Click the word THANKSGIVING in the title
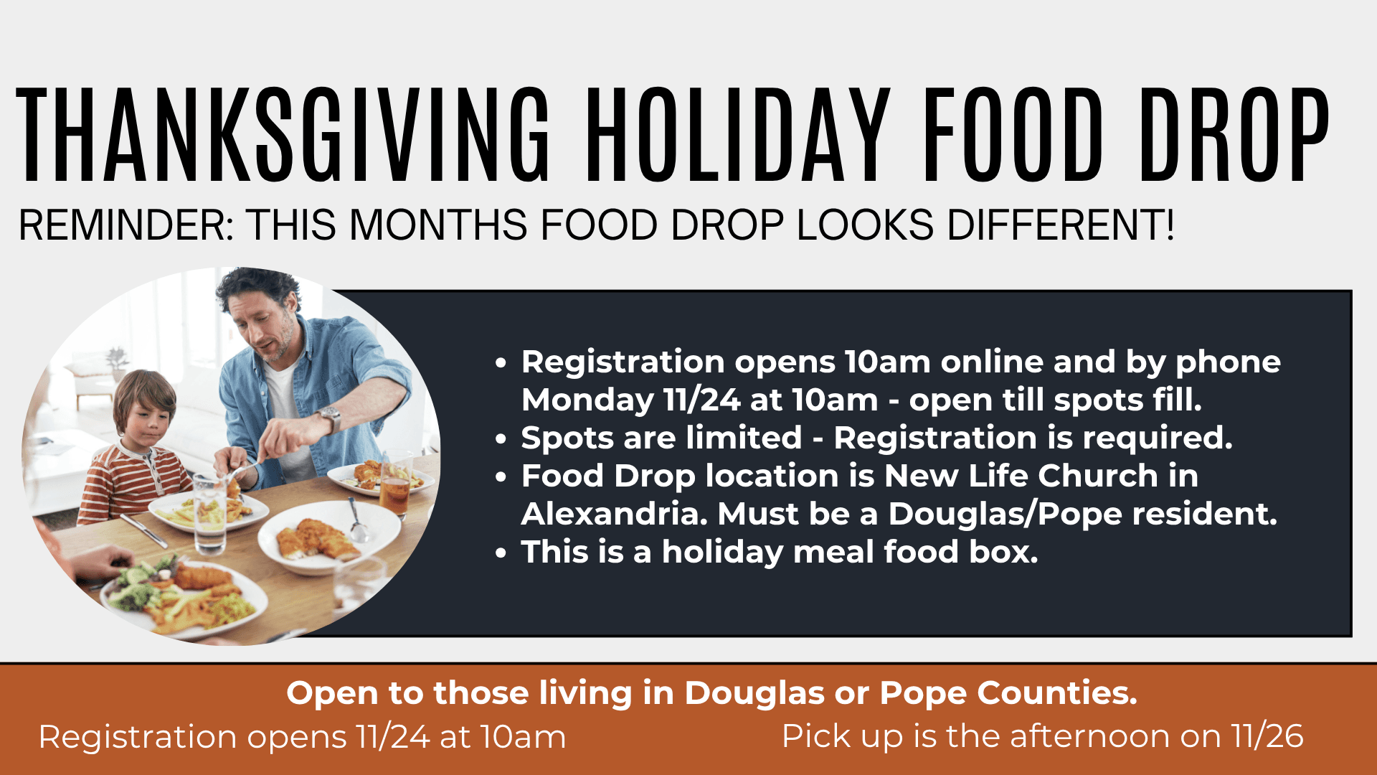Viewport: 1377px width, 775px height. coord(283,135)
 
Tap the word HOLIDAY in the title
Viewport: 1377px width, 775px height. coord(739,135)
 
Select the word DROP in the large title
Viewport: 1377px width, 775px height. coord(1234,135)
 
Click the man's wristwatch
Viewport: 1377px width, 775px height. coord(331,418)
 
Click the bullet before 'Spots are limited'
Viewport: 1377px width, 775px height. coord(501,439)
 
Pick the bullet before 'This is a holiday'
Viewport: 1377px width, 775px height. coord(501,553)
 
